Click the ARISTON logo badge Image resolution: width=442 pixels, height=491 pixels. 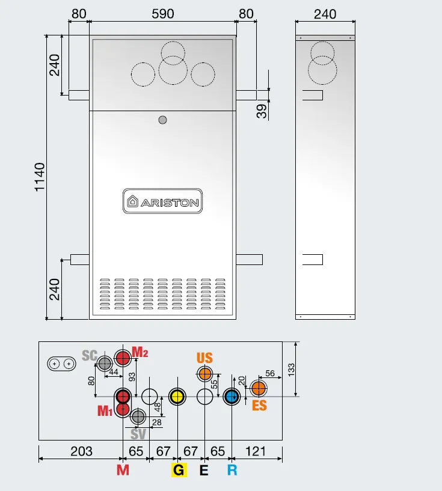[162, 202]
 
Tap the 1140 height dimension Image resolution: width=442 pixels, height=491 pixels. [40, 177]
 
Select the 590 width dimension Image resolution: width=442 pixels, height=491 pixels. [162, 13]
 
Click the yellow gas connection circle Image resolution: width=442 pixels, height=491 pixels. [177, 397]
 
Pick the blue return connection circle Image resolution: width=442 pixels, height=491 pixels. [232, 397]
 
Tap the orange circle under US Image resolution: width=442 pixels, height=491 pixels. [205, 374]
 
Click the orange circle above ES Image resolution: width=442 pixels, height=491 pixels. [259, 388]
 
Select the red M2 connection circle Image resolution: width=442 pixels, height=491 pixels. [123, 359]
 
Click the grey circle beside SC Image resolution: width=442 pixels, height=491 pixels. [105, 363]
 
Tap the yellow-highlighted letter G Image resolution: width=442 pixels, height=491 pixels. [179, 470]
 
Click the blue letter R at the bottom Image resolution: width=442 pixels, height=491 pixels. [232, 470]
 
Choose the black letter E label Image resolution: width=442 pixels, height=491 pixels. [204, 470]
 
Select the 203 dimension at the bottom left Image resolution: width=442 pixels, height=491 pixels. [81, 451]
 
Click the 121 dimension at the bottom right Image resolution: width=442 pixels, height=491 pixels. [256, 451]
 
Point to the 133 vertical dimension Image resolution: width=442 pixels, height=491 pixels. [292, 369]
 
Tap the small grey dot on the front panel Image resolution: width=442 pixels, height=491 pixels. [162, 120]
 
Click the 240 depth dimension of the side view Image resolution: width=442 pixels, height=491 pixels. [325, 13]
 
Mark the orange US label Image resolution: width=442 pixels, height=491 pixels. [204, 358]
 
